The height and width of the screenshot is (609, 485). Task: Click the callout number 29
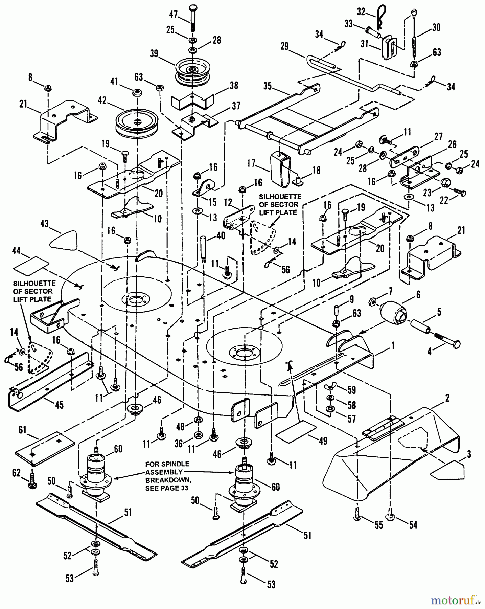coord(284,46)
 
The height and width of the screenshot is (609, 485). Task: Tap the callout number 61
coord(22,430)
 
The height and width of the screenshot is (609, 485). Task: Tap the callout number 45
coord(59,405)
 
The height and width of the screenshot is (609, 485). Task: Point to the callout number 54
coord(413,525)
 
